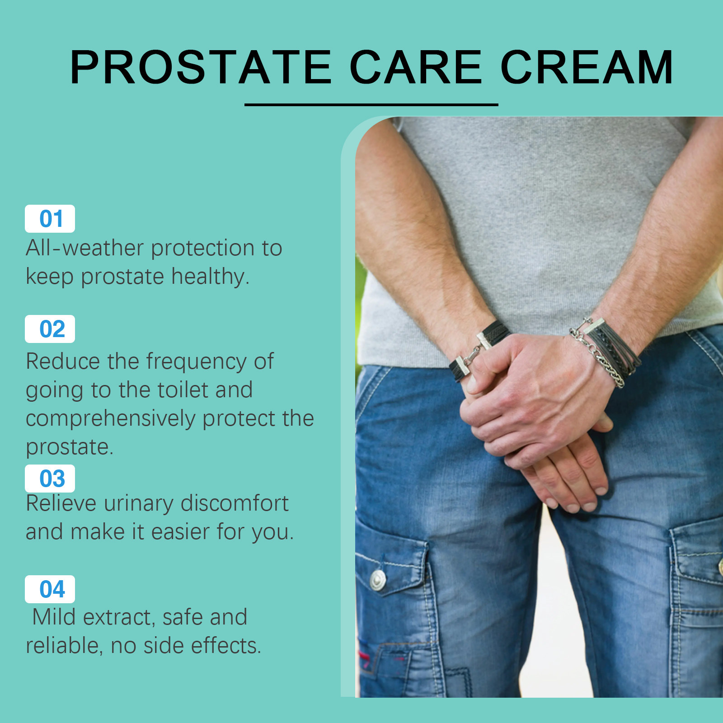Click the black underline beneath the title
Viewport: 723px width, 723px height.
(371, 105)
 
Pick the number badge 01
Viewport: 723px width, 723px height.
(50, 219)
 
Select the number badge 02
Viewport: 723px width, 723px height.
(50, 329)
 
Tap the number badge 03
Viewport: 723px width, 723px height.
(50, 479)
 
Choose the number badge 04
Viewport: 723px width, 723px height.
(50, 589)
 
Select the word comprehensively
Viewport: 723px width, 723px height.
(111, 419)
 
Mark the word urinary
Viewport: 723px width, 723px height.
(139, 504)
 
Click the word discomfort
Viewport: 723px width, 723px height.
(235, 503)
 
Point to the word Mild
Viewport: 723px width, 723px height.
(54, 617)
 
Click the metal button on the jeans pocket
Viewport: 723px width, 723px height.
(378, 580)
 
